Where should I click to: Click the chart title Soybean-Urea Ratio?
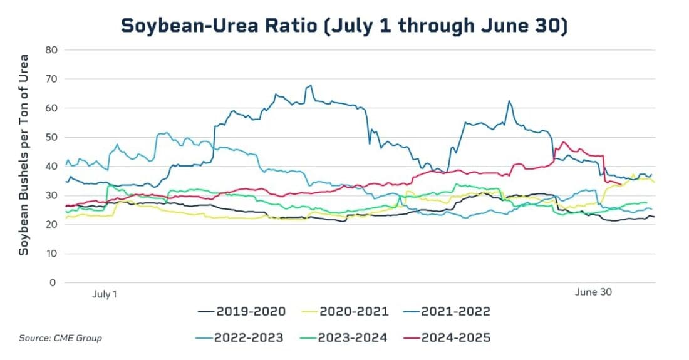pos(344,26)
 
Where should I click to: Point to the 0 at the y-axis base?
pos(53,283)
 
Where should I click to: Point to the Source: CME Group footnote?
pos(60,338)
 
